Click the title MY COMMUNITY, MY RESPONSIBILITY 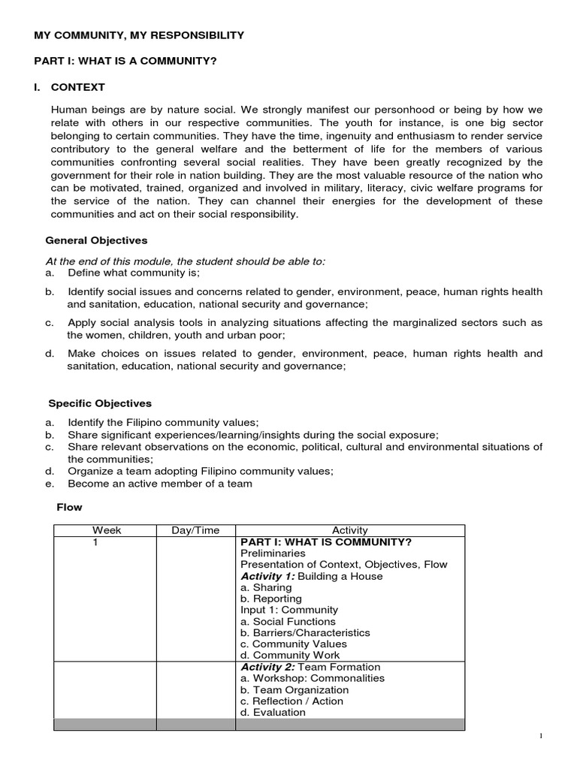click(x=139, y=35)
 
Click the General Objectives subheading click(x=96, y=241)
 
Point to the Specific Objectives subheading click(x=100, y=403)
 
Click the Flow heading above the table click(x=70, y=507)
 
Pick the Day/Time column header click(x=195, y=530)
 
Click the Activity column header click(x=350, y=530)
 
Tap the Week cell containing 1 click(x=95, y=542)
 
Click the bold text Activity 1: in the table click(x=267, y=576)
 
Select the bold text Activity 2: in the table click(x=268, y=667)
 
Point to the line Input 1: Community click(x=289, y=610)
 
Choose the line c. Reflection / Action click(x=292, y=701)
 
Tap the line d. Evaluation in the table click(x=273, y=712)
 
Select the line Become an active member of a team click(x=159, y=484)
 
